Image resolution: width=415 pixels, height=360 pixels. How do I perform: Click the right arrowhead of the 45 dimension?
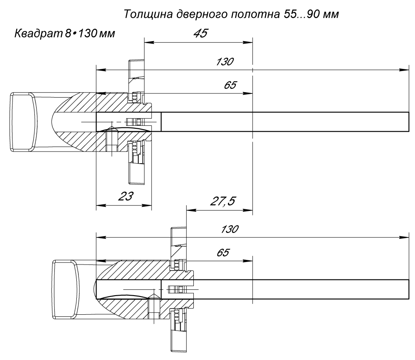pyautogui.click(x=249, y=42)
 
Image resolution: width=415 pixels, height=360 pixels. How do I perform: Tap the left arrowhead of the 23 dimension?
pyautogui.click(x=100, y=205)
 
